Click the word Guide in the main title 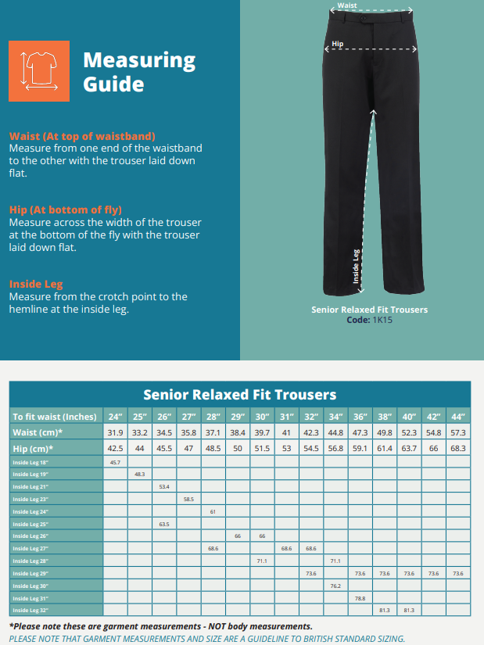[x=113, y=84]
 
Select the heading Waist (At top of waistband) [x=82, y=136]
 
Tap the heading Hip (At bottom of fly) [x=66, y=210]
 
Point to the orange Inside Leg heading [x=36, y=284]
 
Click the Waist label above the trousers [x=347, y=5]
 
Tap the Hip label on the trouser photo [x=337, y=44]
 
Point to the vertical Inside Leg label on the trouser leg [x=355, y=267]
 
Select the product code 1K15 [x=381, y=320]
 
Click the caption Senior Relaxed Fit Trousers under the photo [x=369, y=310]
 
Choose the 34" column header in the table [x=335, y=416]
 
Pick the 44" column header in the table [x=457, y=416]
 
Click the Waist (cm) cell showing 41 [x=286, y=432]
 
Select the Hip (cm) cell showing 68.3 [x=457, y=448]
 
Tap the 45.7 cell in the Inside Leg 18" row [x=116, y=463]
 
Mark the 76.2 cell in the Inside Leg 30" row [x=335, y=586]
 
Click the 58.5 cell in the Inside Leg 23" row [x=188, y=499]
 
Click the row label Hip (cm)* [x=33, y=448]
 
